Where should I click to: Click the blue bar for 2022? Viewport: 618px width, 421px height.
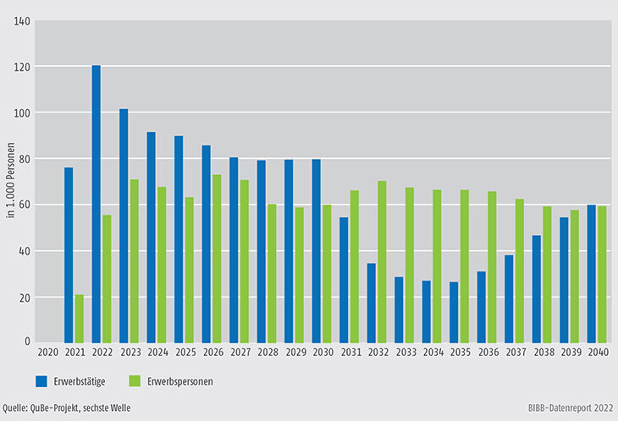click(96, 204)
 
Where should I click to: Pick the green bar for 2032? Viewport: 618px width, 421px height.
click(381, 262)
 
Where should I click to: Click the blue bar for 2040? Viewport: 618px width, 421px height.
click(591, 273)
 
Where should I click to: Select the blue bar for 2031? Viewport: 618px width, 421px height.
click(344, 280)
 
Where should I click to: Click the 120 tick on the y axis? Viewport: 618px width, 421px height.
click(23, 67)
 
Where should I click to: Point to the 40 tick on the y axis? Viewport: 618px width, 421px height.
click(25, 251)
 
